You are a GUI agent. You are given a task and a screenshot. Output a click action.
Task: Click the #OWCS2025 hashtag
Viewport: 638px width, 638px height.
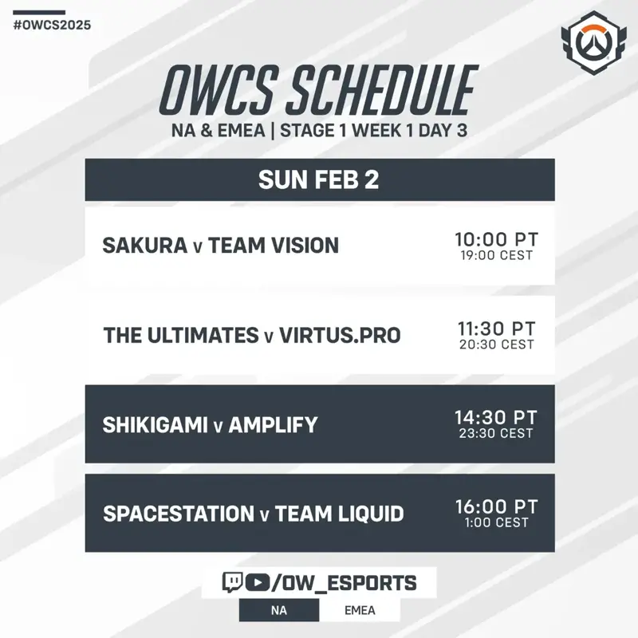click(x=52, y=26)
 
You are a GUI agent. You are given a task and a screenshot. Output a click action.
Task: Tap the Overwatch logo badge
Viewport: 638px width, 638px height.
click(x=593, y=43)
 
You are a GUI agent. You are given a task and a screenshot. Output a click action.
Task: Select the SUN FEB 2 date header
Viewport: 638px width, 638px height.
click(x=320, y=180)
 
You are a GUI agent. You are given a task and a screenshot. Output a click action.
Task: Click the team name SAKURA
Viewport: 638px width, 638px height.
click(x=145, y=246)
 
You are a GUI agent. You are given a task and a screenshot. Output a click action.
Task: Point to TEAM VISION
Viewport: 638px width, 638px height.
click(x=274, y=246)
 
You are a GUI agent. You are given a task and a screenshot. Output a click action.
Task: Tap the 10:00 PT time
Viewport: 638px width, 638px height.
click(x=496, y=239)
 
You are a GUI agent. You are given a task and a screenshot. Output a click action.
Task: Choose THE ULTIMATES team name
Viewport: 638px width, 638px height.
click(x=181, y=335)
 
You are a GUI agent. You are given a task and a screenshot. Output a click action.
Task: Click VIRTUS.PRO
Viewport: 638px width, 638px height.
click(x=341, y=335)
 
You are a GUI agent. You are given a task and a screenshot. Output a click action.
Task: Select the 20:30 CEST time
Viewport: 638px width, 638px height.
click(x=496, y=345)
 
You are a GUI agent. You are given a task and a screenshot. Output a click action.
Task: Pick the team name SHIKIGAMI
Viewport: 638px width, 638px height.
click(x=155, y=425)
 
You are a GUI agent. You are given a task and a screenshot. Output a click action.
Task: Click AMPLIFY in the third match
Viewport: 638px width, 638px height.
click(x=273, y=425)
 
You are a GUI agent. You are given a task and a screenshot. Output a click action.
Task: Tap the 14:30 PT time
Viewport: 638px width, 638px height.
click(x=496, y=417)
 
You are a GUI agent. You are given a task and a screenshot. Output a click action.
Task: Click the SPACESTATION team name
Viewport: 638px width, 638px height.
click(x=179, y=514)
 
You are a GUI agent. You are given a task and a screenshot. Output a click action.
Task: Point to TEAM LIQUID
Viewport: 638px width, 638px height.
click(x=340, y=514)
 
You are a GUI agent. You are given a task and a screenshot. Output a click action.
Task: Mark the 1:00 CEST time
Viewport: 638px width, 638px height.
click(x=496, y=522)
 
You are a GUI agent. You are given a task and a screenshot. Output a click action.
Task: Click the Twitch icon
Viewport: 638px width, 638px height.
click(x=232, y=582)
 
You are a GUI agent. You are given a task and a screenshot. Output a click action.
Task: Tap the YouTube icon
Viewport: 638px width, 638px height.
click(x=257, y=583)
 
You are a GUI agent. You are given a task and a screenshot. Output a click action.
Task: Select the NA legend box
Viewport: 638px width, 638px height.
click(x=279, y=610)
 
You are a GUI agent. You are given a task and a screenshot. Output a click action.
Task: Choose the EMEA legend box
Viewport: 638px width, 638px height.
click(x=360, y=610)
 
